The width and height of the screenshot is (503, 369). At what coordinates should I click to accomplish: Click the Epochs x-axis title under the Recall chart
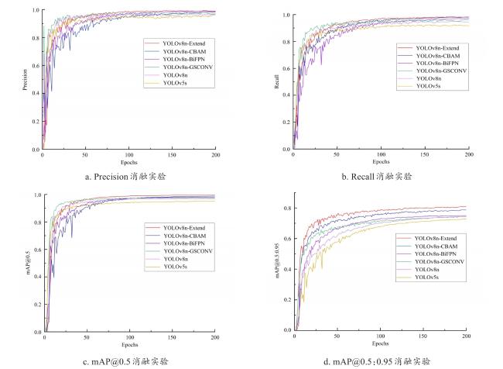(381, 162)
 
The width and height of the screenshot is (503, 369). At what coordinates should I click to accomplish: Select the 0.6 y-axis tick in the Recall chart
(285, 69)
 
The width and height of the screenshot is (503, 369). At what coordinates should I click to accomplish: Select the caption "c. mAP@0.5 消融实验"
(126, 360)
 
